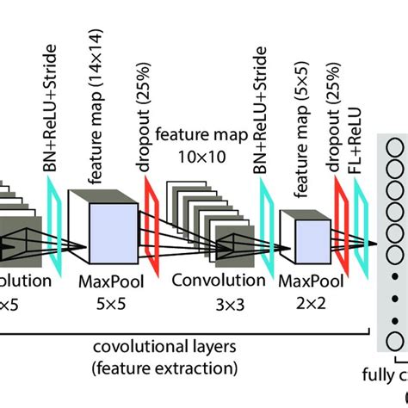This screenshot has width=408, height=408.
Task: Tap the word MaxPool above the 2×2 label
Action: click(304, 281)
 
